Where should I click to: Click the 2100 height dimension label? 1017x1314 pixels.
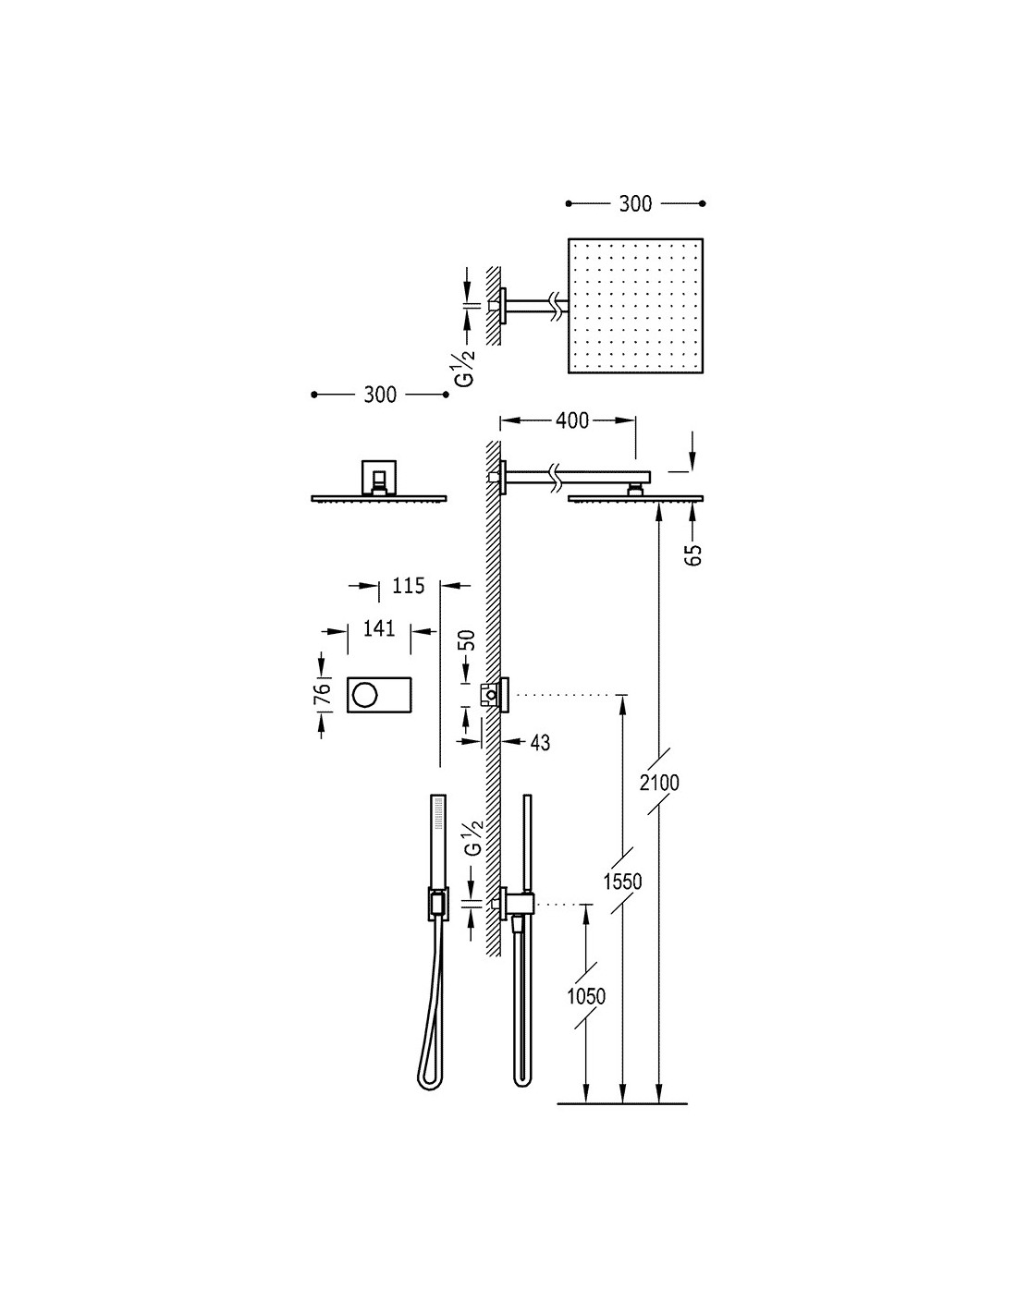(659, 783)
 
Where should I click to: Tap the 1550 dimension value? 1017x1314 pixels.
(622, 882)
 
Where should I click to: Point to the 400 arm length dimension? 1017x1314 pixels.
(572, 420)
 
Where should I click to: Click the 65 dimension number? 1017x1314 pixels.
(695, 554)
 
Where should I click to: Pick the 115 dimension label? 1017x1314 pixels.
(409, 585)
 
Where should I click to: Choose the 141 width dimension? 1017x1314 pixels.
(379, 628)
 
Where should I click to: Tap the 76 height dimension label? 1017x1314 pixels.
(324, 691)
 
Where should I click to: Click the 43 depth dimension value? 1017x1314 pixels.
(540, 743)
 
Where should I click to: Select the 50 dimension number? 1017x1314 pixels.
(468, 639)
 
